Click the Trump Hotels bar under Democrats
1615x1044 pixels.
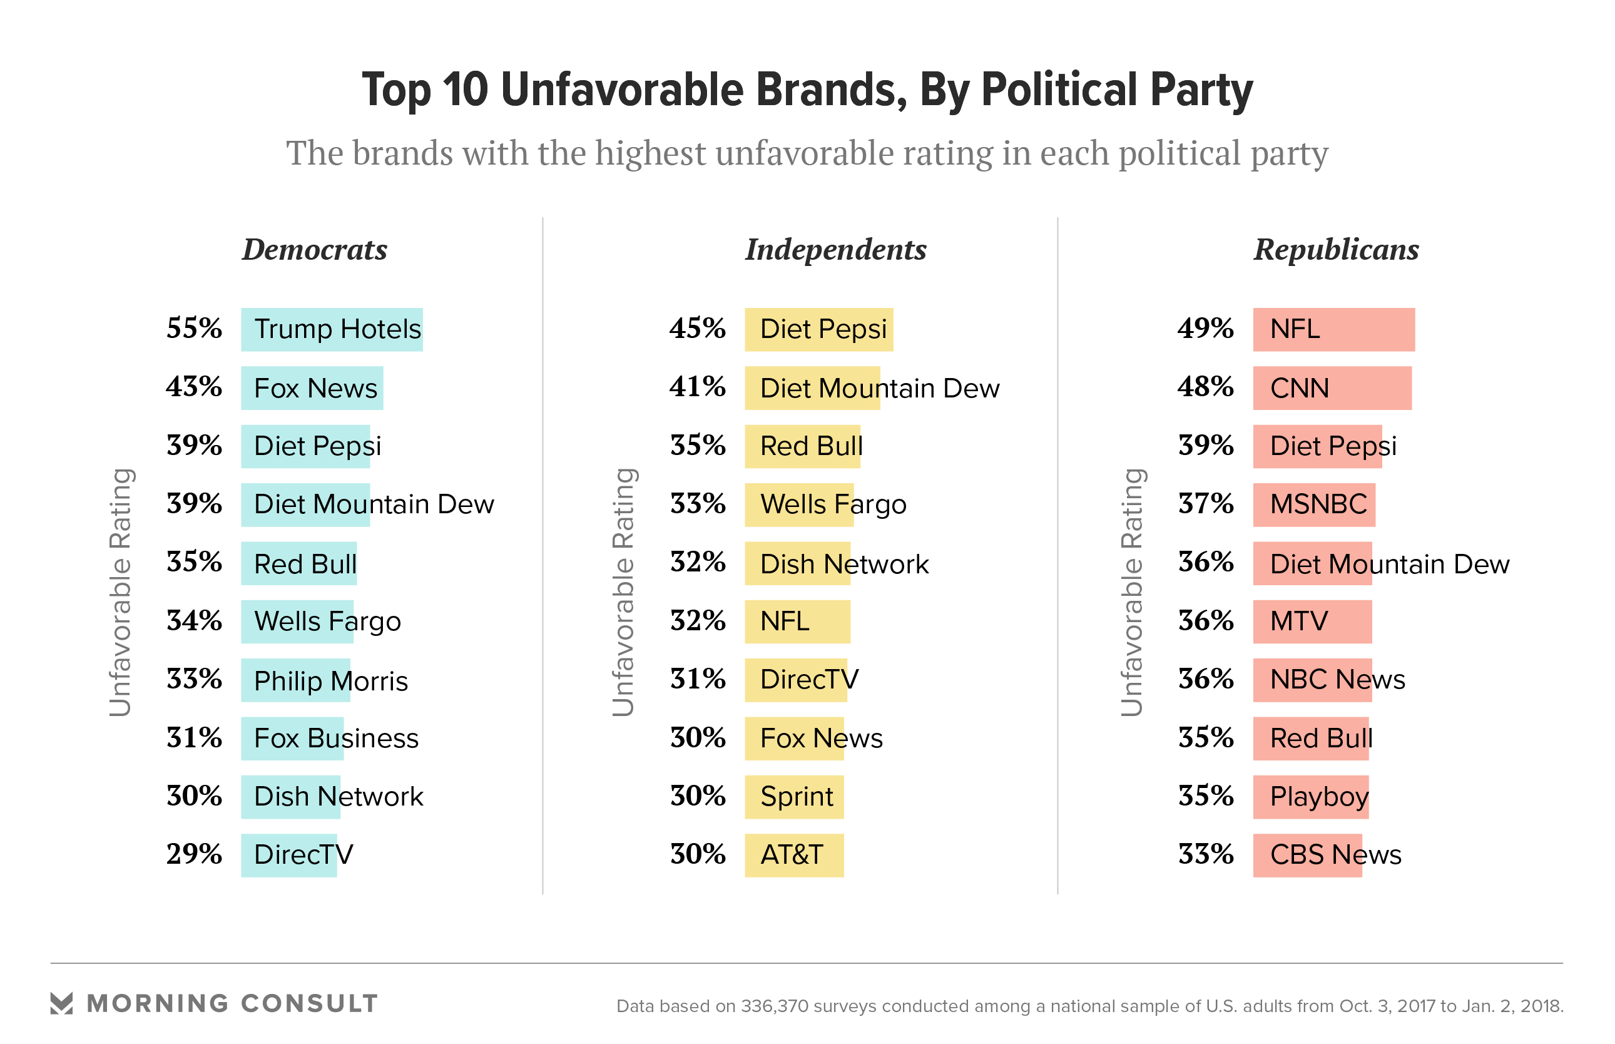point(332,329)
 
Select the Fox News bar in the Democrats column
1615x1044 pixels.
point(312,388)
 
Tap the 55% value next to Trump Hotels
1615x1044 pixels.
point(194,328)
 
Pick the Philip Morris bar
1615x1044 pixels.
point(295,680)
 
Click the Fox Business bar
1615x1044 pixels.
point(292,739)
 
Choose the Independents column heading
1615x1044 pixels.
point(835,250)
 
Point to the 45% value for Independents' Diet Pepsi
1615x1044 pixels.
point(696,328)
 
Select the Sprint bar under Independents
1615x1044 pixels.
point(793,797)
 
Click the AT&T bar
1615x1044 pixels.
point(793,855)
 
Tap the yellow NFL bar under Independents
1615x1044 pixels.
point(797,621)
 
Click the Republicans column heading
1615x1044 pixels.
point(1335,250)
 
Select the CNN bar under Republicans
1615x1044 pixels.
point(1331,388)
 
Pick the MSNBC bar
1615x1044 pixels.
point(1313,504)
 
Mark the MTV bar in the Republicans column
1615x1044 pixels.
point(1312,621)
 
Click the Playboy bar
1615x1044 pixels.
point(1310,797)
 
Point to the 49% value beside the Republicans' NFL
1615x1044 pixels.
point(1205,328)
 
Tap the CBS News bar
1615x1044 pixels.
point(1307,855)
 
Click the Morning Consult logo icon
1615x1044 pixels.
point(62,1003)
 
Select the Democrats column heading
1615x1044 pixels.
point(315,250)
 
